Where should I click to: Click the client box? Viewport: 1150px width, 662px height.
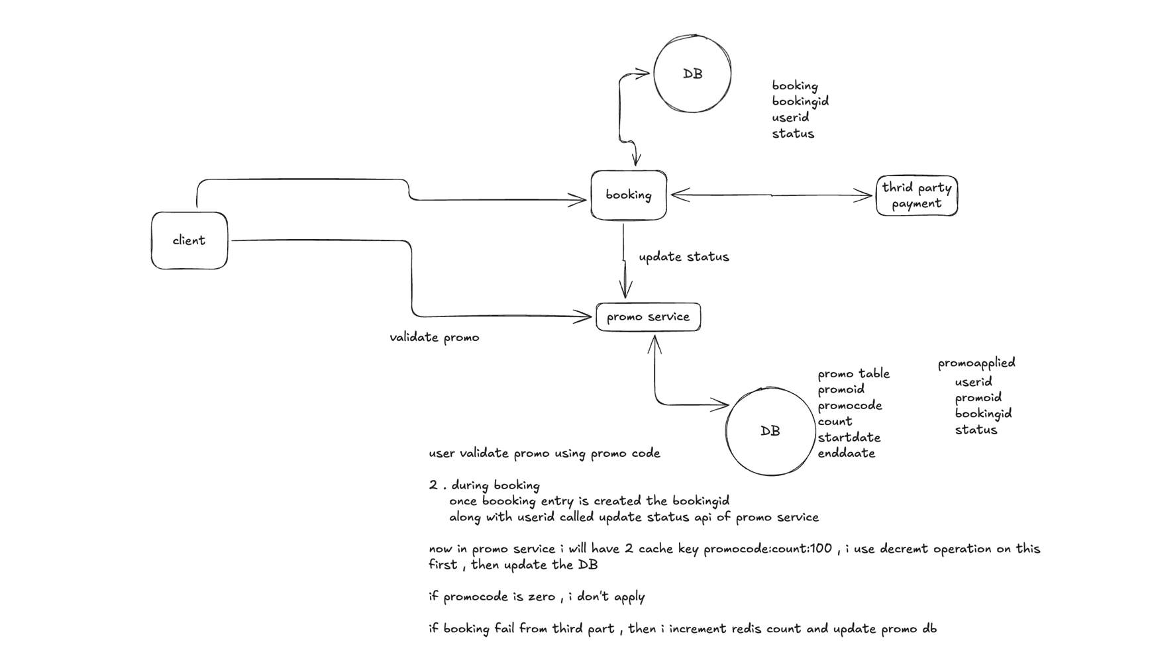189,240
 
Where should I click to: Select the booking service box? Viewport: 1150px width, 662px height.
629,195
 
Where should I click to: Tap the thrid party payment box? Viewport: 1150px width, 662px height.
917,195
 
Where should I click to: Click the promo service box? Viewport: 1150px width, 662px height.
648,316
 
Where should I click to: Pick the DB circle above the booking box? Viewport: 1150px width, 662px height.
692,73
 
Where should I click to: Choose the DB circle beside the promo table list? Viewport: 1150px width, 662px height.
770,431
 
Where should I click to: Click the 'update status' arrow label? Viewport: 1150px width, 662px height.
684,257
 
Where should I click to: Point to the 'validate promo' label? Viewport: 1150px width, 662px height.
435,338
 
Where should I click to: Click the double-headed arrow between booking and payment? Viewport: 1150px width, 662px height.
772,195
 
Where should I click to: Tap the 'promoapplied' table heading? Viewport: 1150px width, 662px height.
976,363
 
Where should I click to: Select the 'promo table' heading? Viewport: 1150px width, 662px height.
853,374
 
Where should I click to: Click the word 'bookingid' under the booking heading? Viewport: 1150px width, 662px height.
800,101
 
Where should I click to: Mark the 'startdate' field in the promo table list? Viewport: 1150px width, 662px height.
849,438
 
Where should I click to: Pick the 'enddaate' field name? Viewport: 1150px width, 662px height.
847,453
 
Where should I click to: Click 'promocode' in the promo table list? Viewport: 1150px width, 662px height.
850,406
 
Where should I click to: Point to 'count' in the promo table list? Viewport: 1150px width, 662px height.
835,422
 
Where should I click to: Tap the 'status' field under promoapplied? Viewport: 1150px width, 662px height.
976,430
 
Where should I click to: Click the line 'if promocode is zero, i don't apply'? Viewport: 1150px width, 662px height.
537,597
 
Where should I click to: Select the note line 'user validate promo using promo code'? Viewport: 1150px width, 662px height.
545,453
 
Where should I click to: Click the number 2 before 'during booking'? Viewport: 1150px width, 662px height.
433,485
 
